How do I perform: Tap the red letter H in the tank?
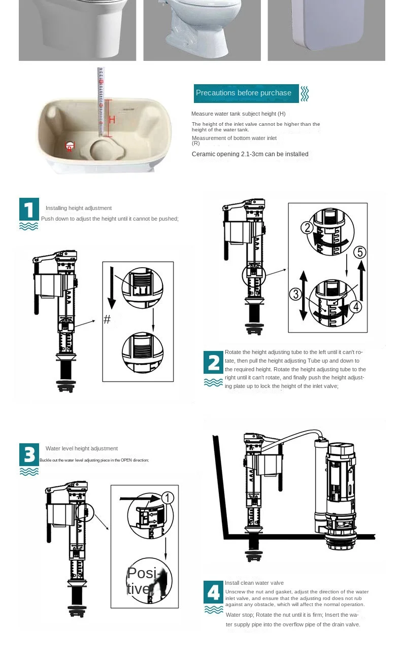[113, 120]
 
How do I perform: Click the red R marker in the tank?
[70, 148]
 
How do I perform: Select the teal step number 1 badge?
[29, 209]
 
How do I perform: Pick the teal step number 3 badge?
[29, 455]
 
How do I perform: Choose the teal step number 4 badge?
[213, 592]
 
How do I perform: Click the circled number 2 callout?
[307, 228]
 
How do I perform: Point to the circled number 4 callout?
[355, 306]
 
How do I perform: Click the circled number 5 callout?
[359, 252]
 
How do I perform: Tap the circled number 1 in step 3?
[168, 498]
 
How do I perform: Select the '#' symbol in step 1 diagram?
[107, 320]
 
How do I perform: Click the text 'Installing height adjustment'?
[79, 208]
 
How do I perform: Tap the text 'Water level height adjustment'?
[82, 448]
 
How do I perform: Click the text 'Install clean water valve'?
[254, 583]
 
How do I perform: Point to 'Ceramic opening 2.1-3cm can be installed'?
[250, 154]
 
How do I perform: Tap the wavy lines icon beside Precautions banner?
[305, 93]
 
